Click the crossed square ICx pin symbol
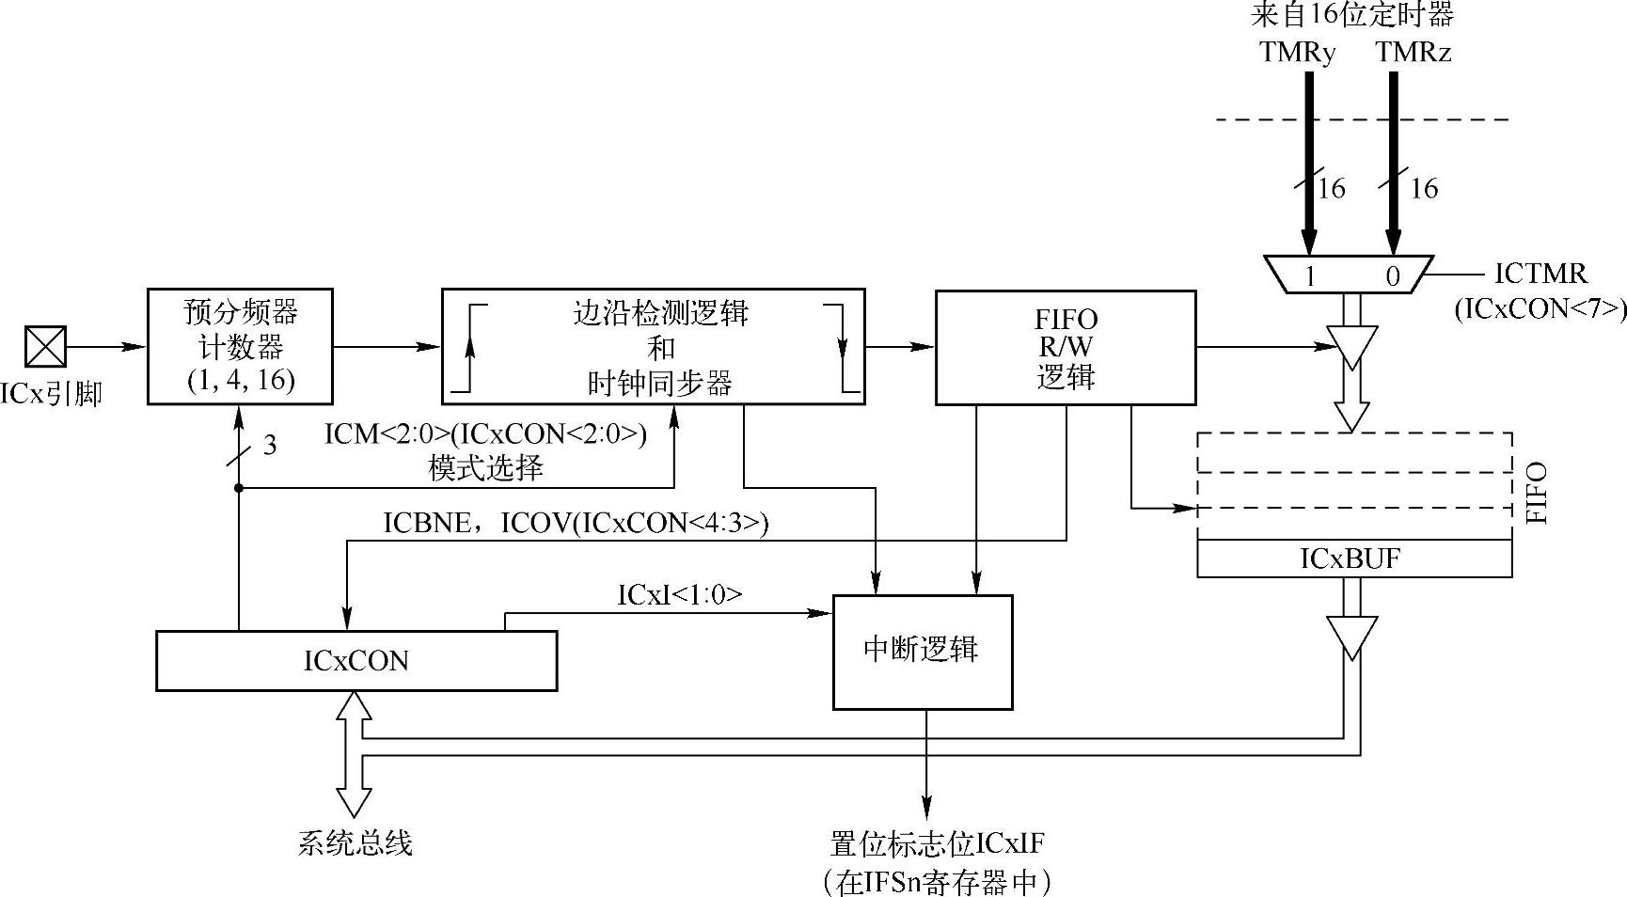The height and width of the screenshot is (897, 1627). pos(45,346)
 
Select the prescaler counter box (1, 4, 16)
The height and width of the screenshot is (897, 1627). pos(240,346)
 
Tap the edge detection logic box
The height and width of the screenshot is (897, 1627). pos(653,347)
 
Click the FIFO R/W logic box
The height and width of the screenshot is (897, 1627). pos(1066,348)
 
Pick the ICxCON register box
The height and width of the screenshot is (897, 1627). pos(355,661)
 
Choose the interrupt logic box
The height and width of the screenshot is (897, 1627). pos(922,651)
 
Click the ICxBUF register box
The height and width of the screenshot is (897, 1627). pos(1353,559)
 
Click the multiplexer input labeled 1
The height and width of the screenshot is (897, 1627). pos(1309,275)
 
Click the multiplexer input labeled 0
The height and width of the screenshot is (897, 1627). pos(1393,275)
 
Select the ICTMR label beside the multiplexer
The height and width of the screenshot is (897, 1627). pos(1540,274)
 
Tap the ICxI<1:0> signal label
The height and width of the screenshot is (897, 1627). pos(679,594)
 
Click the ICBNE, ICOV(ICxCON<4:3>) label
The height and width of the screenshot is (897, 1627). pos(576,524)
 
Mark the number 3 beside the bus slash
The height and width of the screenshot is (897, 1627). pos(269,445)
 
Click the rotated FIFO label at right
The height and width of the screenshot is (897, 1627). pos(1535,493)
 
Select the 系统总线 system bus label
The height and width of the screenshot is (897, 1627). pos(355,843)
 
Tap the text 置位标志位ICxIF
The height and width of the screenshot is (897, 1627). pos(937,843)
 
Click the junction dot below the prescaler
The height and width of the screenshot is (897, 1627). pos(239,487)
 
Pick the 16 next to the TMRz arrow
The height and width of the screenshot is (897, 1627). pos(1424,189)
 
